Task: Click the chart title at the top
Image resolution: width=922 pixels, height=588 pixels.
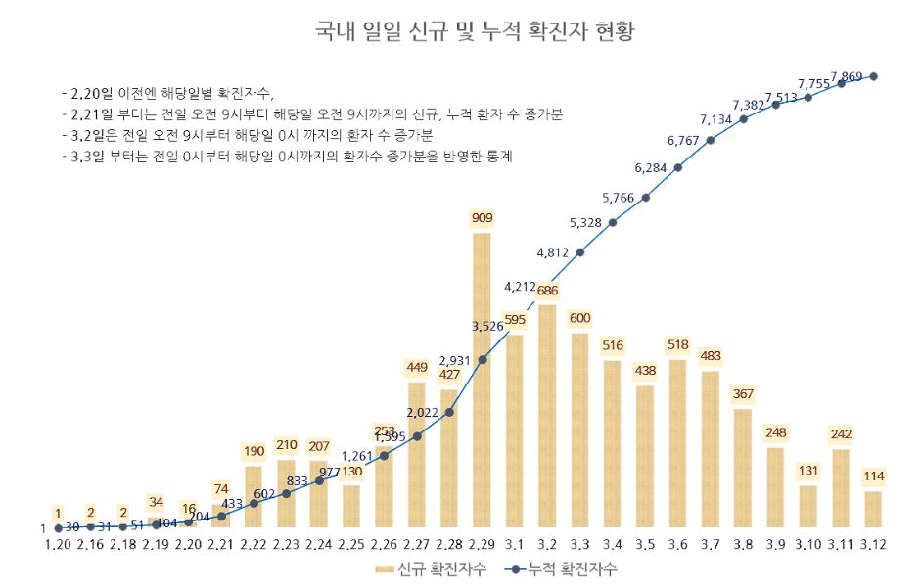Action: pyautogui.click(x=475, y=32)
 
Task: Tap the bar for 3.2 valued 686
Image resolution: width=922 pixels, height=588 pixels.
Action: pyautogui.click(x=547, y=416)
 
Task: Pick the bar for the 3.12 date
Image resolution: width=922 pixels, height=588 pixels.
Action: pyautogui.click(x=873, y=509)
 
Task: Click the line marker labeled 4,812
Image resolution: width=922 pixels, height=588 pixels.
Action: pyautogui.click(x=580, y=252)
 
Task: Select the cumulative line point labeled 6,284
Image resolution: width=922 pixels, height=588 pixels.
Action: pyautogui.click(x=677, y=167)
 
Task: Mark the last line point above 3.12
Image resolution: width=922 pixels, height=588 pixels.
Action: pyautogui.click(x=873, y=76)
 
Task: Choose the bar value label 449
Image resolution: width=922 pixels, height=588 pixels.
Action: pyautogui.click(x=417, y=368)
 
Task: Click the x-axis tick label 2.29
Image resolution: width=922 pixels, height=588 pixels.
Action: pyautogui.click(x=482, y=544)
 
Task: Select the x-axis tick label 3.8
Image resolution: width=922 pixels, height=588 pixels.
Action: pyautogui.click(x=743, y=544)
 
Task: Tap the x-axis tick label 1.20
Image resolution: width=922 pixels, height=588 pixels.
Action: pyautogui.click(x=58, y=544)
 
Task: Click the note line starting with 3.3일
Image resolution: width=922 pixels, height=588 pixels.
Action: pyautogui.click(x=295, y=156)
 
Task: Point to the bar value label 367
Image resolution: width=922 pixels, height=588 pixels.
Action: pyautogui.click(x=743, y=394)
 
